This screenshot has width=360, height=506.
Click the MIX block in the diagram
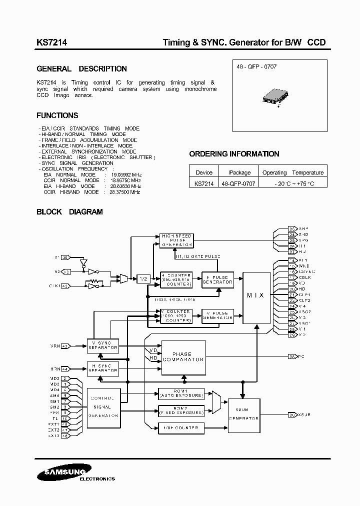pyautogui.click(x=256, y=296)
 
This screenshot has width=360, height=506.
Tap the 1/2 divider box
pyautogui.click(x=143, y=279)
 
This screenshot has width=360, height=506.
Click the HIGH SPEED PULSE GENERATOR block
pyautogui.click(x=176, y=240)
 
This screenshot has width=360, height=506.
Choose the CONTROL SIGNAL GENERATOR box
pyautogui.click(x=103, y=407)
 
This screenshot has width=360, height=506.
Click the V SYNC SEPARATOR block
pyautogui.click(x=102, y=344)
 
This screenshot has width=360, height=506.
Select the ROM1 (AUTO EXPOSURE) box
pyautogui.click(x=181, y=393)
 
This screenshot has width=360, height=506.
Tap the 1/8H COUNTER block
pyautogui.click(x=181, y=427)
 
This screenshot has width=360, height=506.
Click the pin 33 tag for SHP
pyautogui.click(x=292, y=228)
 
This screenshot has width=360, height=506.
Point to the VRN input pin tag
pyautogui.click(x=65, y=345)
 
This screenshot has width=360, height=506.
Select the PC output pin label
pyautogui.click(x=300, y=357)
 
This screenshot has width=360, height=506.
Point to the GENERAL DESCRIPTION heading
pyautogui.click(x=82, y=69)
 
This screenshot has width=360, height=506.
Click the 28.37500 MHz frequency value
pyautogui.click(x=126, y=191)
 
